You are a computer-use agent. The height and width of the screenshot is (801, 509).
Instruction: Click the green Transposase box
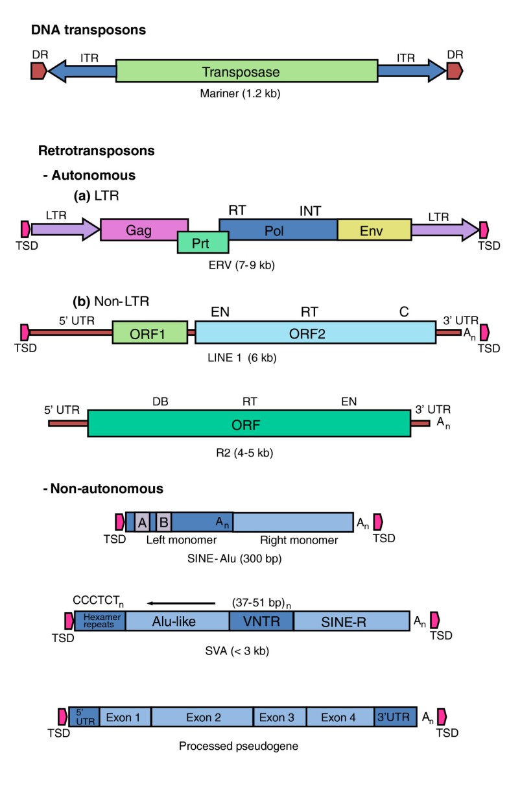pos(246,71)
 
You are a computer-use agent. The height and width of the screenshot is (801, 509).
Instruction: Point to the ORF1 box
pos(149,332)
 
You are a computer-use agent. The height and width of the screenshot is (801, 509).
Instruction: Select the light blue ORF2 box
pos(315,332)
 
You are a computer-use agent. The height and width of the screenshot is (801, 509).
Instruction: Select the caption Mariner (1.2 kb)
pos(240,93)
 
